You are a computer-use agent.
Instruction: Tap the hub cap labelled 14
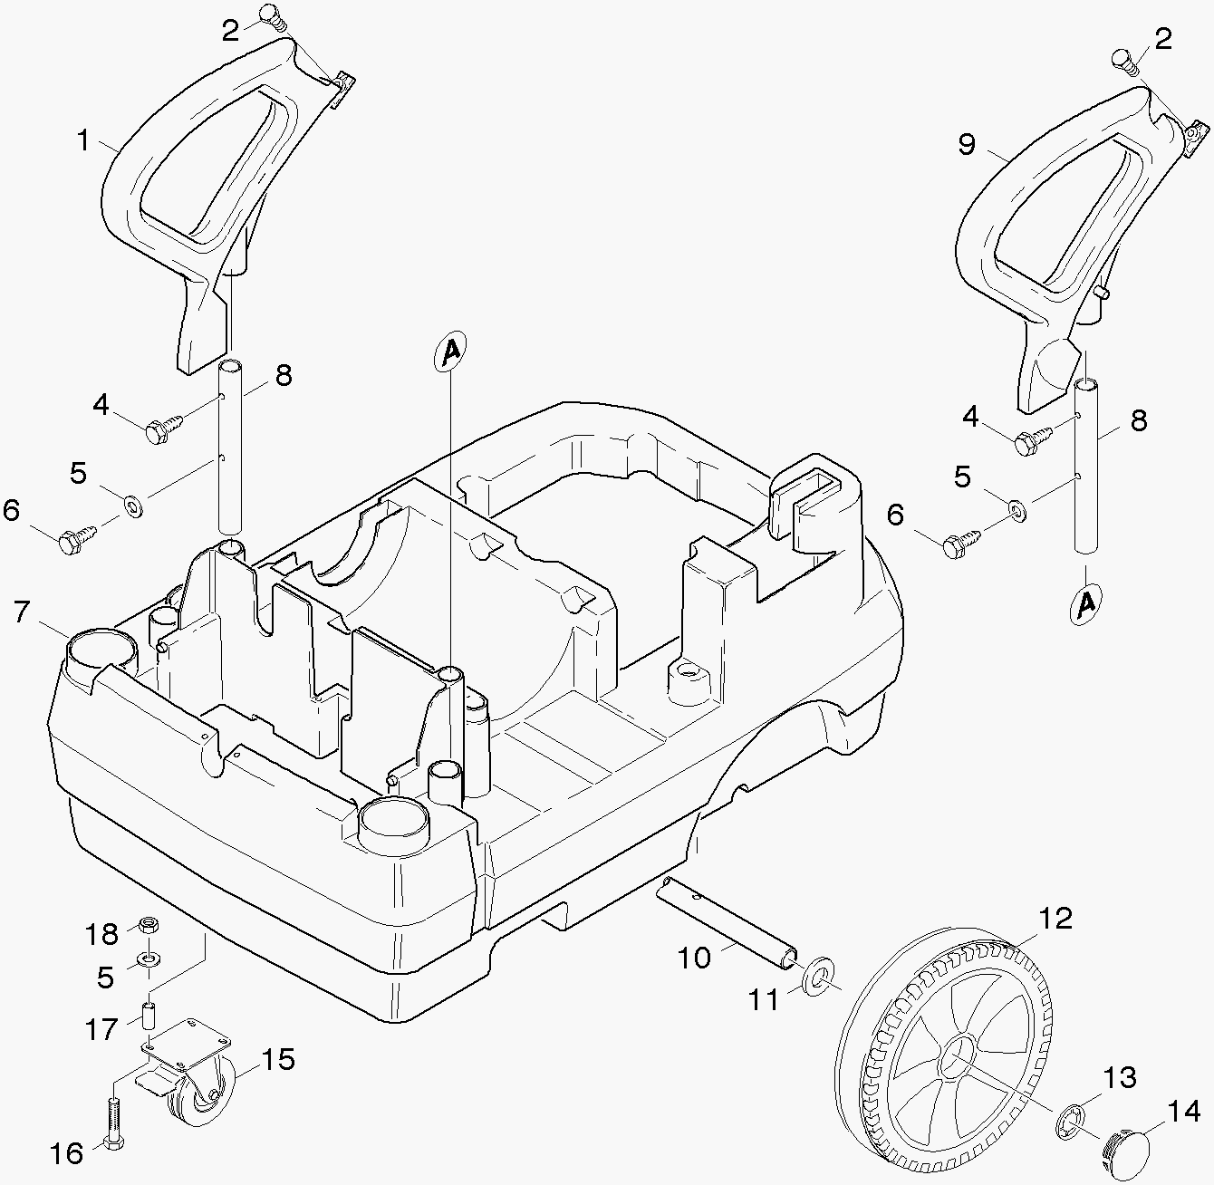pos(1127,1151)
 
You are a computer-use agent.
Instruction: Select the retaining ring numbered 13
pos(1071,1124)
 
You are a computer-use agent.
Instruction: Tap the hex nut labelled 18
pos(149,926)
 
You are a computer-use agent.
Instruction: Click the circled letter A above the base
pos(450,352)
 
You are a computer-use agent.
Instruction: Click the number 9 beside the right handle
pos(967,144)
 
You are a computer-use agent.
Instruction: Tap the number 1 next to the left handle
pos(83,141)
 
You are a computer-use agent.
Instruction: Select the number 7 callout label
pos(23,612)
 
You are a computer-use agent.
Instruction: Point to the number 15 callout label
pos(278,1059)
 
